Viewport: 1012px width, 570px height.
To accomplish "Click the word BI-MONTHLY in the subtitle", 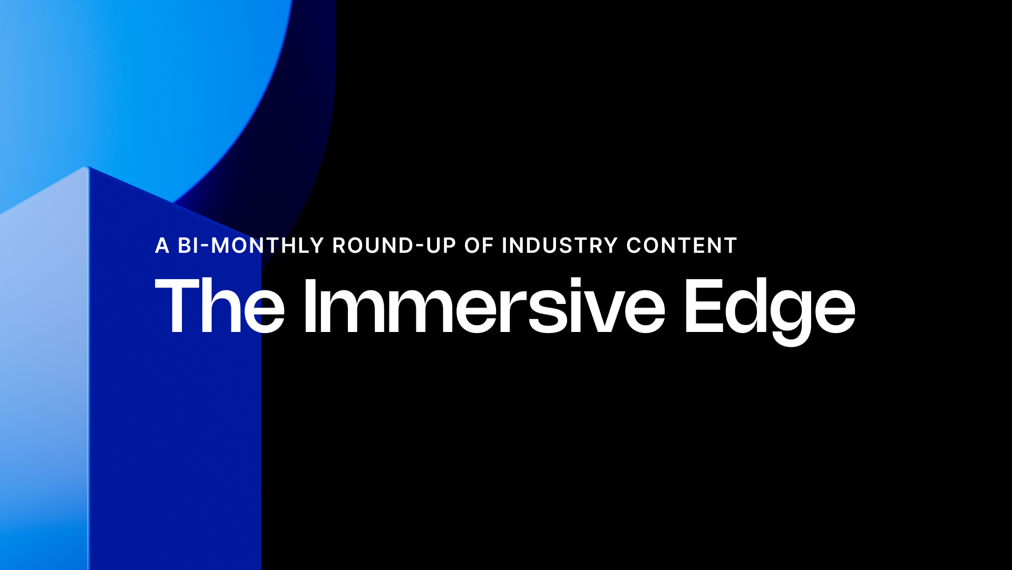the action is (x=250, y=245).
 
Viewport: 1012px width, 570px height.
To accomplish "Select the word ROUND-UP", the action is (x=394, y=245).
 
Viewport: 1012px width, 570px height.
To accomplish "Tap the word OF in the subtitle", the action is (x=479, y=245).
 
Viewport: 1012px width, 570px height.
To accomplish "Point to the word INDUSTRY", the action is (x=560, y=245).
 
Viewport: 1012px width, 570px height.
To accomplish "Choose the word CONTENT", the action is (x=682, y=245).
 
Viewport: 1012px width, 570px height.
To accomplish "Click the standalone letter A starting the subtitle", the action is (x=162, y=245).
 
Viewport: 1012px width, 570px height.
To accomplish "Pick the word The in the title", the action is (x=220, y=306).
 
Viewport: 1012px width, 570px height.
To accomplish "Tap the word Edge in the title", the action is (x=770, y=311).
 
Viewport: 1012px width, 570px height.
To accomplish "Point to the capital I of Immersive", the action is (x=310, y=306).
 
